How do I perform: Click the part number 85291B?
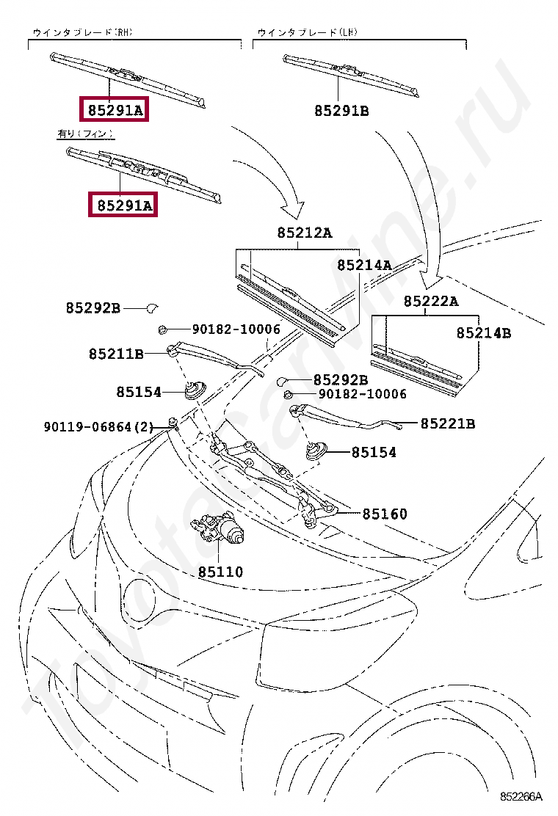(341, 111)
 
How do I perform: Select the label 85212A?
(305, 233)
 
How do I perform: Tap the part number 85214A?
(364, 265)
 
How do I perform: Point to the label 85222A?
(431, 301)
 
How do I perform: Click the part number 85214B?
(483, 333)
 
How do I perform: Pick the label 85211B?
(116, 354)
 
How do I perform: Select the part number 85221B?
(448, 423)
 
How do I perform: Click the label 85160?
(384, 514)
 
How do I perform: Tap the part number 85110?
(220, 572)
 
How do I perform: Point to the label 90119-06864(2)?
(98, 426)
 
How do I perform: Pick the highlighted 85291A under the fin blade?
(121, 205)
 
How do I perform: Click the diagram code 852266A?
(521, 796)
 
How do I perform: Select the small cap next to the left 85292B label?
(153, 307)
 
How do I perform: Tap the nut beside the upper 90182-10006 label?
(163, 329)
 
